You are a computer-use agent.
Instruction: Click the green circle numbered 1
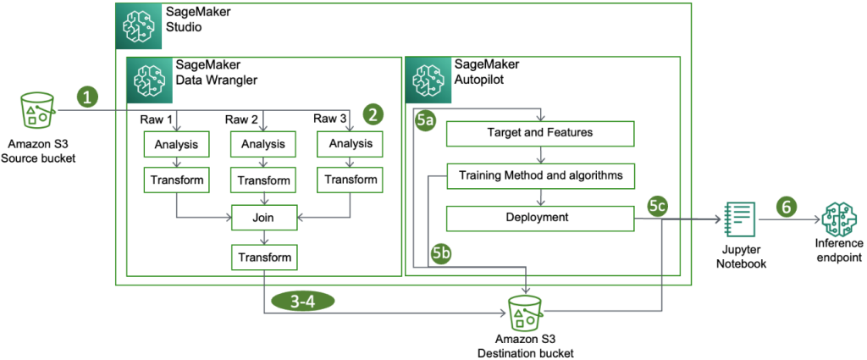pos(88,95)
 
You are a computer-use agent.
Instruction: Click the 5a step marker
pos(426,122)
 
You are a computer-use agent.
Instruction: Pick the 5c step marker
pos(659,206)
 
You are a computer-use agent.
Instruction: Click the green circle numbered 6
pos(787,206)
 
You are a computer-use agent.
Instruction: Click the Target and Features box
pos(540,133)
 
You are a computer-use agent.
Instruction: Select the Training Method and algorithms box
pos(540,175)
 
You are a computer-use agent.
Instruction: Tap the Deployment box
pos(540,218)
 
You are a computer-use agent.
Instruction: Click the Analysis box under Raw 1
pos(177,145)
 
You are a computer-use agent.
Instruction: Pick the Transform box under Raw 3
pos(350,180)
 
